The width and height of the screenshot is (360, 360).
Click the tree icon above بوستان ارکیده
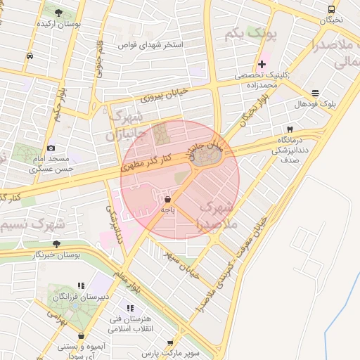tap(57, 13)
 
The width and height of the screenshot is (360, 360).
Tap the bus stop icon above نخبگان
tap(331, 9)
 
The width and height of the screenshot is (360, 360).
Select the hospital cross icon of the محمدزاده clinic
tap(262, 64)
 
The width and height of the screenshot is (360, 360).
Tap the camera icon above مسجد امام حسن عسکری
tap(51, 148)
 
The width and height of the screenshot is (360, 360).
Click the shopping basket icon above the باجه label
tap(167, 200)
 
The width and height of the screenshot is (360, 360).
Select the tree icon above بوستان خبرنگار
tap(56, 244)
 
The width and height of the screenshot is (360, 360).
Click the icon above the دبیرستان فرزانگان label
tap(81, 285)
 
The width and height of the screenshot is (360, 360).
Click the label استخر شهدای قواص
tap(150, 45)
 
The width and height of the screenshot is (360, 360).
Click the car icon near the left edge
tap(29, 56)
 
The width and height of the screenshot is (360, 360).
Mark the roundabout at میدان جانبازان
tap(206, 157)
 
